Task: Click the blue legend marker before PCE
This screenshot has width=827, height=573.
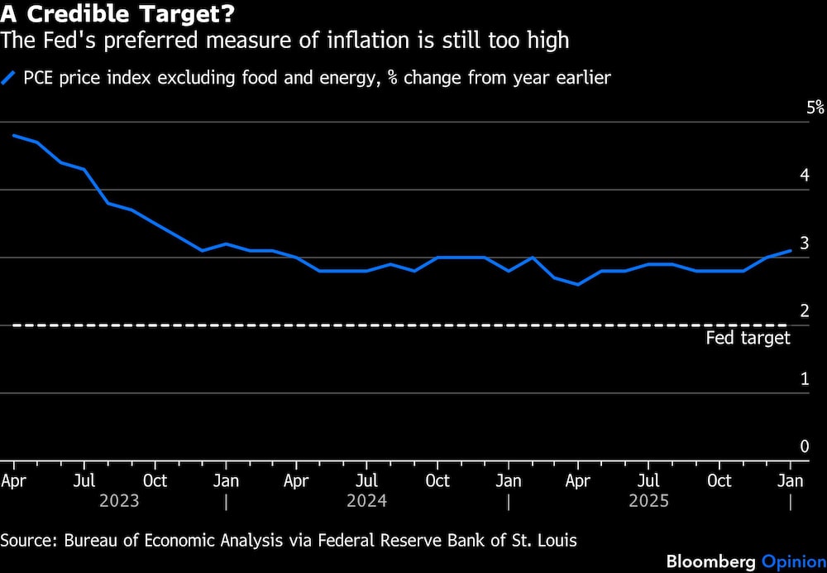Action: coord(9,79)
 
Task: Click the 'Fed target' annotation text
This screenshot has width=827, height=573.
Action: coord(748,338)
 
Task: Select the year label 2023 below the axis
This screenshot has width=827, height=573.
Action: coord(119,501)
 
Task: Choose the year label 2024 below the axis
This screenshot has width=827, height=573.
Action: coord(367,501)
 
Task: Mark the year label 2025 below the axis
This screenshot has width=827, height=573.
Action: coord(649,501)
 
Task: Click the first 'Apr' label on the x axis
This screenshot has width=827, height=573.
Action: coord(13,481)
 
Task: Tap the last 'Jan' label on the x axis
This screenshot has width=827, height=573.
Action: coord(791,481)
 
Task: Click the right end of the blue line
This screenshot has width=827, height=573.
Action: coord(791,250)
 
